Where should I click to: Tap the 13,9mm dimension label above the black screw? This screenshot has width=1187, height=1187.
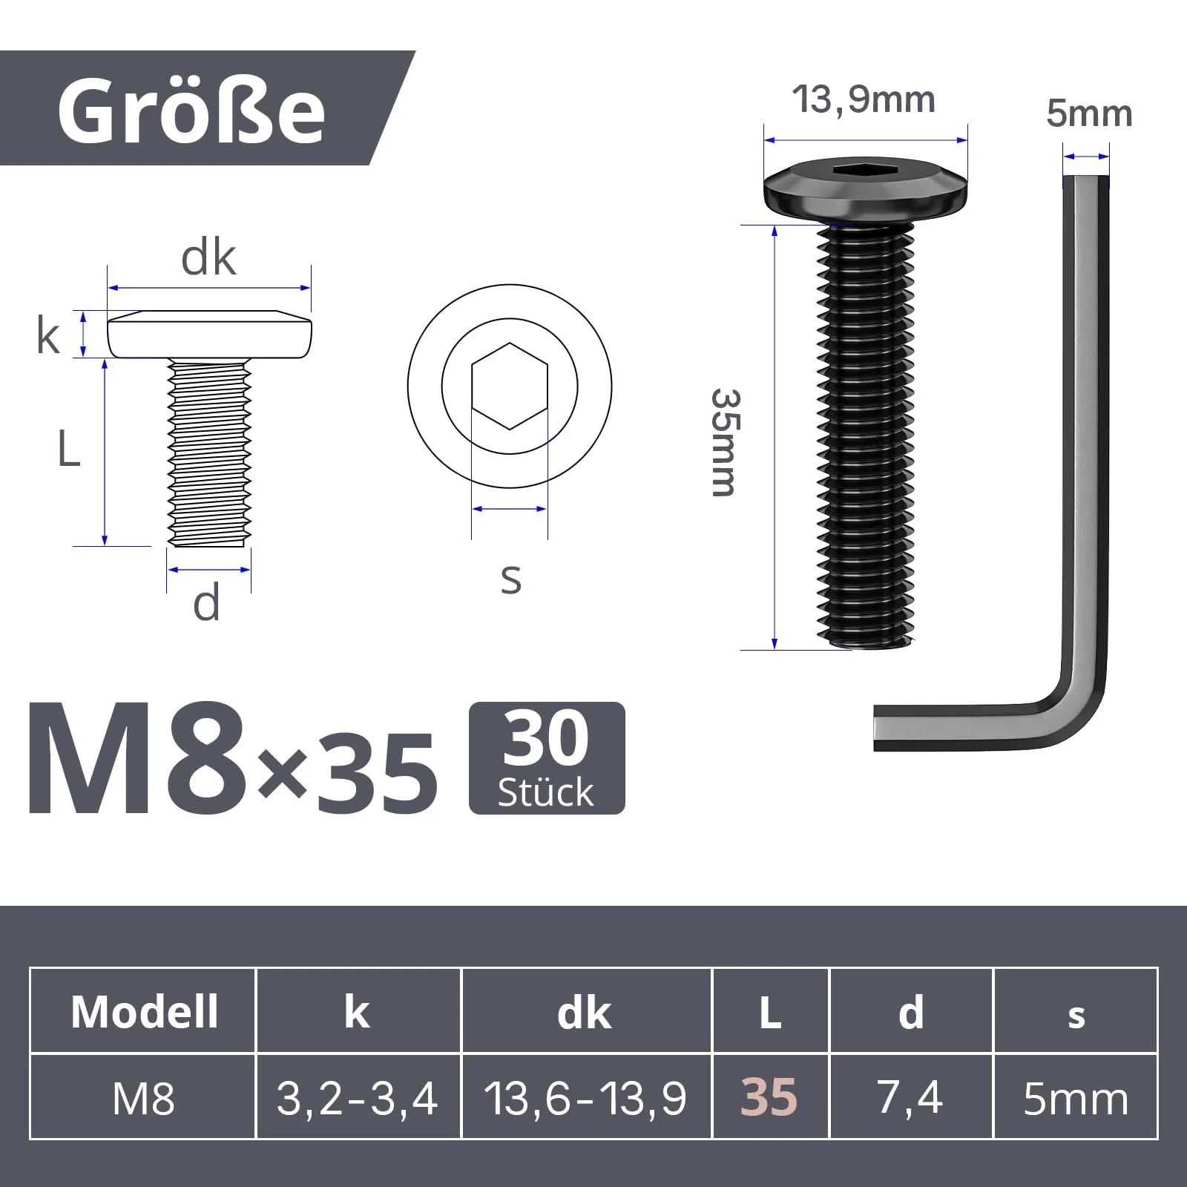pyautogui.click(x=864, y=99)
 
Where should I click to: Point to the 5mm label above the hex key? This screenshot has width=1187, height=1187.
pyautogui.click(x=1089, y=114)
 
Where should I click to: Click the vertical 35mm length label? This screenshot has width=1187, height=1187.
pyautogui.click(x=724, y=442)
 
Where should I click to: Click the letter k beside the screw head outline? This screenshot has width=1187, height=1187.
pyautogui.click(x=48, y=335)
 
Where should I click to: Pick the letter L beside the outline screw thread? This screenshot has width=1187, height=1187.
pyautogui.click(x=68, y=449)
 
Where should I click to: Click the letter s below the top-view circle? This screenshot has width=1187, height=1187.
pyautogui.click(x=510, y=579)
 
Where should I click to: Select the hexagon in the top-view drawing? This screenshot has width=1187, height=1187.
pyautogui.click(x=510, y=387)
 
